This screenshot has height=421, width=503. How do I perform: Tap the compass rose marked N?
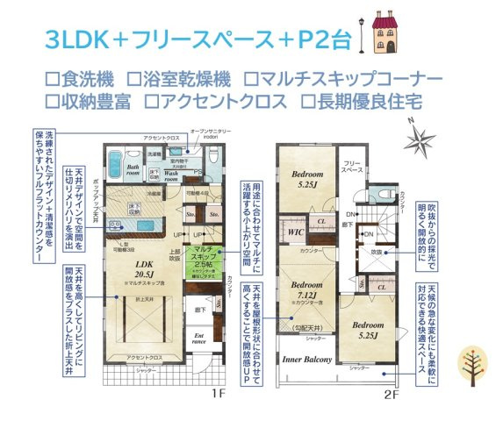coord(422,139)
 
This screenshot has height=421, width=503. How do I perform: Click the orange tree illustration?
coord(476,366)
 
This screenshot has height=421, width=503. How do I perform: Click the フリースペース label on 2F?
coord(352,167)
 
